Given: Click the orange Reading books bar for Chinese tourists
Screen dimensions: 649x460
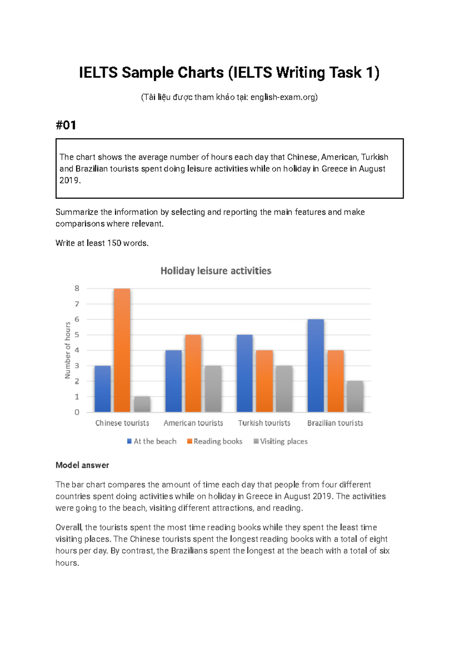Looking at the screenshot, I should point(122,350).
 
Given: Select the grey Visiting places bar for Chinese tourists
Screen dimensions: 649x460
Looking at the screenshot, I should point(142,404).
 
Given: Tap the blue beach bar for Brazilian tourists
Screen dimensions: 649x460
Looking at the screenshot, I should point(315,365).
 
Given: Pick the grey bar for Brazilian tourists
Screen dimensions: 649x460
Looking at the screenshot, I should point(355,397).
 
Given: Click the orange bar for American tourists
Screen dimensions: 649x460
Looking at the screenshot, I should point(193,373).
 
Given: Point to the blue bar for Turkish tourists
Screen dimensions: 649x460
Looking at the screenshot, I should point(245,373).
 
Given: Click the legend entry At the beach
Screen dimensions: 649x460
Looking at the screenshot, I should point(152,441).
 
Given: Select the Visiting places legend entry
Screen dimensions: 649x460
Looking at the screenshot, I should point(281,441).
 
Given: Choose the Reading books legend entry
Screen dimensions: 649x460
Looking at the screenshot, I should point(215,441).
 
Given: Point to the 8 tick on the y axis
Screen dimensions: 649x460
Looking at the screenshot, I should point(77,288).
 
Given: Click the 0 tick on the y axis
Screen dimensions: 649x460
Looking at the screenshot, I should point(77,412).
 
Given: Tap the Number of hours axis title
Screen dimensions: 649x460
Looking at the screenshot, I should point(68,350).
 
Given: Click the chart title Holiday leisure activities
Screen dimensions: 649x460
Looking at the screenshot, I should point(216,271).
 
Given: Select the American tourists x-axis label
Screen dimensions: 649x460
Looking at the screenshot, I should point(193,423).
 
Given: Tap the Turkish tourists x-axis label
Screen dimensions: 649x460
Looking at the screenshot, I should point(264,423).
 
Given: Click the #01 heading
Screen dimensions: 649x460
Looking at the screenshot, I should point(66,125).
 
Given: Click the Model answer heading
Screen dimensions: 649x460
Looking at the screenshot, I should point(82,465).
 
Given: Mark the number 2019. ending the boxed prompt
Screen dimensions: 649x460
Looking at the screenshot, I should point(70,180).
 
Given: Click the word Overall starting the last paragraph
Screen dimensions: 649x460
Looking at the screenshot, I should point(69,528).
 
